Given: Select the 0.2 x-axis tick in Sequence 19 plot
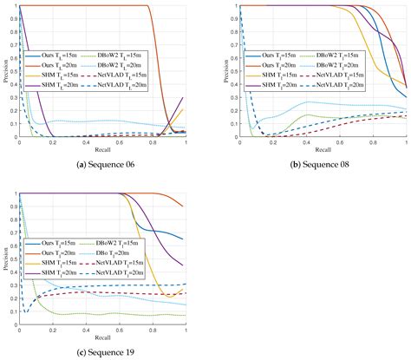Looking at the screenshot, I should [x=53, y=329].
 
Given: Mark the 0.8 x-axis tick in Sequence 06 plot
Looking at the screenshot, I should [x=153, y=141].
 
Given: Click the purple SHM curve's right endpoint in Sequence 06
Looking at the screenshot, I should [x=186, y=97].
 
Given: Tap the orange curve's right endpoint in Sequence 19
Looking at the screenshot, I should [x=186, y=206].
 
